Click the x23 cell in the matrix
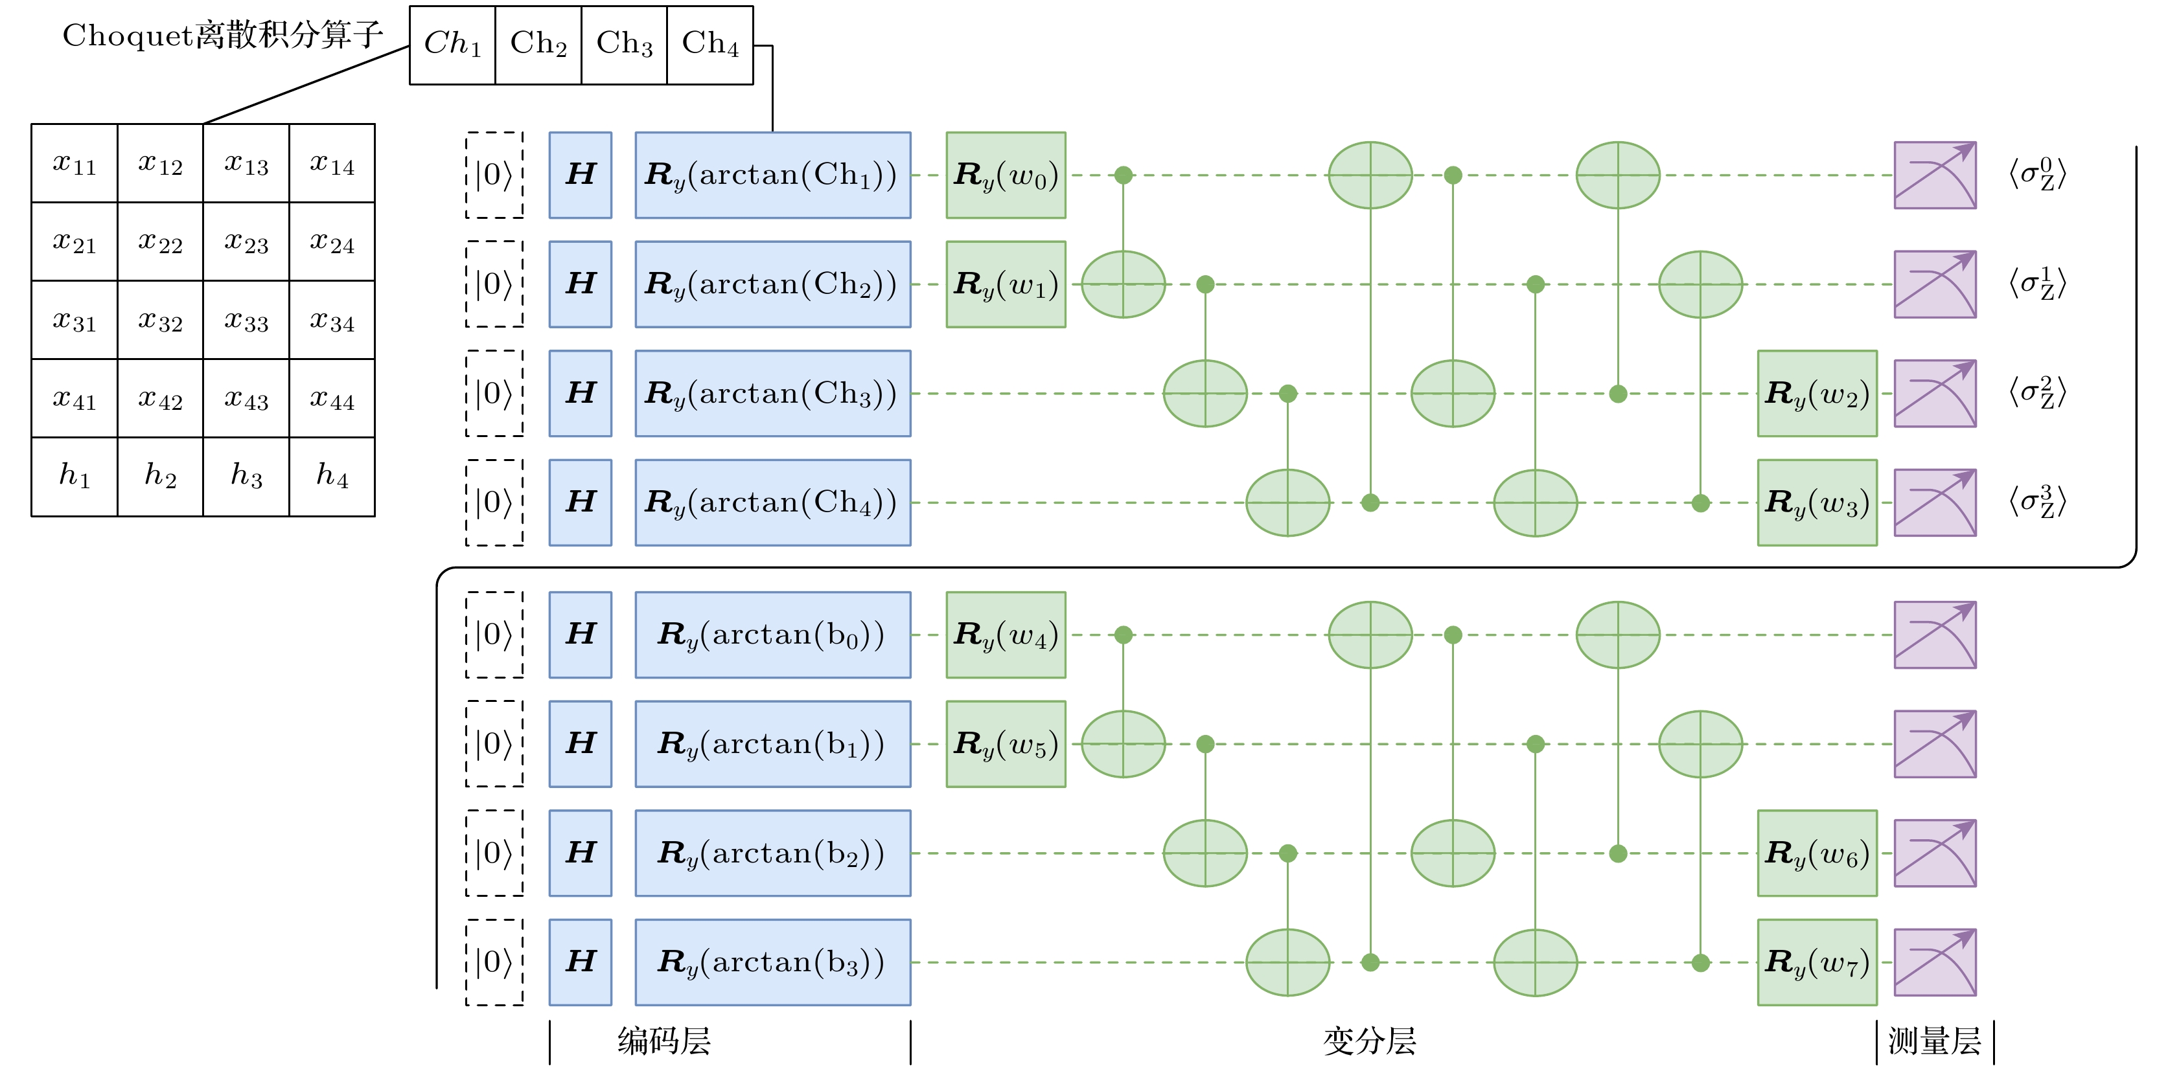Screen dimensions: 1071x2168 [x=246, y=242]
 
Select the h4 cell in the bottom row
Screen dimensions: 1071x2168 [x=332, y=476]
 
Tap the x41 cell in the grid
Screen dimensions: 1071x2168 [x=74, y=398]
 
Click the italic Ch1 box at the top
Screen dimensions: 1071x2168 [x=452, y=44]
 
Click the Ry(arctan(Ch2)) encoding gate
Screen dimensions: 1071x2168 [x=772, y=284]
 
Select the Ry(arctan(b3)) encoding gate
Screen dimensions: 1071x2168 [x=772, y=962]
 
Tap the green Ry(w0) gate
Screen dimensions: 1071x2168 [x=1005, y=175]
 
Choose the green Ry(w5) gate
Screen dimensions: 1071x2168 [x=1005, y=744]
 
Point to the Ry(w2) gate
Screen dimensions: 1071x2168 [x=1816, y=394]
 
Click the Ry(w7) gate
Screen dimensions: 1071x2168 [x=1816, y=962]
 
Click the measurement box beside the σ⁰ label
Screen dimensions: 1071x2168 [x=1934, y=175]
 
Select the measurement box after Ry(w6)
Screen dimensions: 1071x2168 [x=1934, y=853]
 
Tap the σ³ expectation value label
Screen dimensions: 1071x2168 [x=2036, y=502]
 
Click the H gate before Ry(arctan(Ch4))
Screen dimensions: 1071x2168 [x=580, y=502]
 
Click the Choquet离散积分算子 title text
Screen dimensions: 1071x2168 [x=223, y=36]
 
